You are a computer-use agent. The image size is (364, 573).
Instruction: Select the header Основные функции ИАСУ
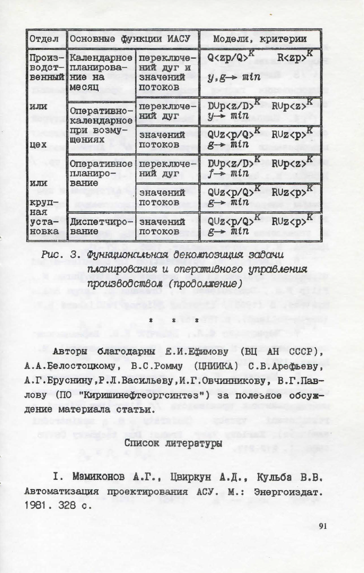pos(130,39)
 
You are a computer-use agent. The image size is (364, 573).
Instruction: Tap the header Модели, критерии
pos(260,39)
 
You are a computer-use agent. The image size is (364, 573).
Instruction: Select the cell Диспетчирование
pos(101,226)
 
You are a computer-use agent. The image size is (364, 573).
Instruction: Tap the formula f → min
pos(228,173)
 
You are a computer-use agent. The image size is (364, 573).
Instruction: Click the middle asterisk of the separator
pos(174,321)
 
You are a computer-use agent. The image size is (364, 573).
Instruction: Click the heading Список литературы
pos(173,443)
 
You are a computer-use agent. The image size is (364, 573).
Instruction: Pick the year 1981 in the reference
pos(35,505)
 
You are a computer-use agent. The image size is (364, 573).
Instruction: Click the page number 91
pos(323,526)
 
